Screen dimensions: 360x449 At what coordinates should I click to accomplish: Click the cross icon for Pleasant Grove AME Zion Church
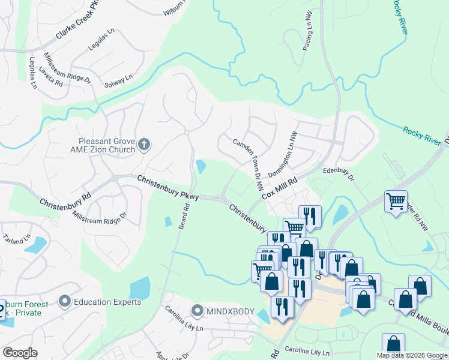click(x=143, y=144)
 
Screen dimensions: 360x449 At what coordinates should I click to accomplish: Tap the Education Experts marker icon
click(x=64, y=301)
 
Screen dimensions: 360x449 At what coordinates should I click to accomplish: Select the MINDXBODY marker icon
click(x=197, y=310)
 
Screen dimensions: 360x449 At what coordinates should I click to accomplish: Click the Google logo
click(x=20, y=353)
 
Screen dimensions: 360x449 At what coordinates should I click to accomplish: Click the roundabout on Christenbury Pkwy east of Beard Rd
click(x=222, y=199)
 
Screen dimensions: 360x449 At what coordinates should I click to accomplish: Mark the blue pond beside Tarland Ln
click(x=35, y=245)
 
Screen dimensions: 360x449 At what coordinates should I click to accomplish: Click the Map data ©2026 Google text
click(x=412, y=355)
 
